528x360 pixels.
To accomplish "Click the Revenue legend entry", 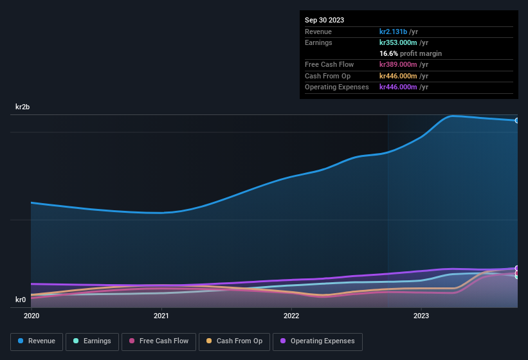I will [37, 341].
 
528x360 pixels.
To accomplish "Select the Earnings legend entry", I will [92, 341].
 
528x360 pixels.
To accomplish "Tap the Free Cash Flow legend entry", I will [159, 341].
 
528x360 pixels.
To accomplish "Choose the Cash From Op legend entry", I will [234, 341].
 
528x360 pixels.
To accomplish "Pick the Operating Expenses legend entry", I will [318, 341].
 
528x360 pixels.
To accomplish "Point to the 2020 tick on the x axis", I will [32, 316].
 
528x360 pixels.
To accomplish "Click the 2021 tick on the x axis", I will [161, 316].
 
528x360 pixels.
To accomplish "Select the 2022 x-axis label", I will [291, 316].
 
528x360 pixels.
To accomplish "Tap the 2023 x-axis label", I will [421, 316].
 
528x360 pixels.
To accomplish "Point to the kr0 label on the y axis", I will [20, 300].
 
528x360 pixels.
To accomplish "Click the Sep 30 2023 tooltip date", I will [324, 20].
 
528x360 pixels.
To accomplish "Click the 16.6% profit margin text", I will [410, 53].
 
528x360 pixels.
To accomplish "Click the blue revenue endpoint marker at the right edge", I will [517, 120].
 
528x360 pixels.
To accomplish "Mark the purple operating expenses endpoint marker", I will [517, 268].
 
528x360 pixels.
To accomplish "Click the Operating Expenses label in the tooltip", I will [336, 87].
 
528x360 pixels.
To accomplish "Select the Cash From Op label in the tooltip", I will [327, 76].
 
